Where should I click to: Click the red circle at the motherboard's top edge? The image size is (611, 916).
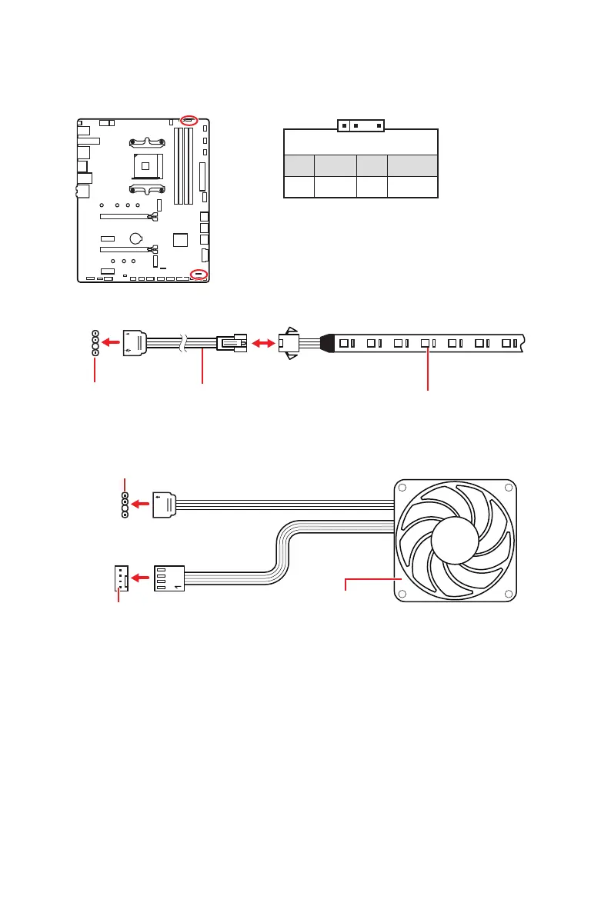(189, 120)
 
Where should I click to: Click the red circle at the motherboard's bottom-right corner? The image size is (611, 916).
(199, 275)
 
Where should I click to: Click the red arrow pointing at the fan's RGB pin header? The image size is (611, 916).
(141, 505)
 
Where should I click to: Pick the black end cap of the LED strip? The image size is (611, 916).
(326, 343)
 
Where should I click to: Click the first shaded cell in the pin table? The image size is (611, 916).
(299, 165)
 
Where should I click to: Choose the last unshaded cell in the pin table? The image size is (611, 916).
(412, 187)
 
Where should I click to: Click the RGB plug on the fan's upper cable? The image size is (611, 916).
(165, 505)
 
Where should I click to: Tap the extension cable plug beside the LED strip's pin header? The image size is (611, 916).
(133, 342)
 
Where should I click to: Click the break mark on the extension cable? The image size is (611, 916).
(182, 344)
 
